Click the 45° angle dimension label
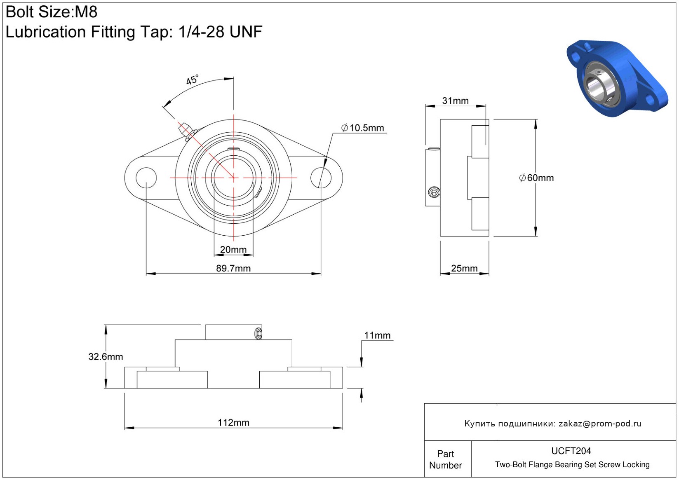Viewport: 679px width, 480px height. [192, 80]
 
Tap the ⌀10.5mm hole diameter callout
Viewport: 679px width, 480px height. [362, 128]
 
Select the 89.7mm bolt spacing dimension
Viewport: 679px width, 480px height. [233, 268]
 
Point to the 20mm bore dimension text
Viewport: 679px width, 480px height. [233, 249]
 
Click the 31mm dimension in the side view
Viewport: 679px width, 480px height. [455, 101]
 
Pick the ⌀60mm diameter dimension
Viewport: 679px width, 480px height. [536, 178]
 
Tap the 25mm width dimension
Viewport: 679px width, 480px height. [464, 268]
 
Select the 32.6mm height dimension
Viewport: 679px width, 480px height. [106, 357]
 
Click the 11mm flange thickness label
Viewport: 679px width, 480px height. [377, 335]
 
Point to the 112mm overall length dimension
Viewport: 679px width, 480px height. [233, 422]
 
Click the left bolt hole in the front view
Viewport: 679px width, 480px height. [146, 178]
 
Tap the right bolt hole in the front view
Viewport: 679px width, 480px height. [321, 178]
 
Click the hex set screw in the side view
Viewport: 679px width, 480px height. [434, 192]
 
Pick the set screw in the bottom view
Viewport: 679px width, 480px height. [258, 334]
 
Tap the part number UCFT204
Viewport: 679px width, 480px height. [571, 451]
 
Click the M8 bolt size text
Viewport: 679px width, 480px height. [86, 12]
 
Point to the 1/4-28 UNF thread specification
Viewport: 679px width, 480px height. [221, 31]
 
